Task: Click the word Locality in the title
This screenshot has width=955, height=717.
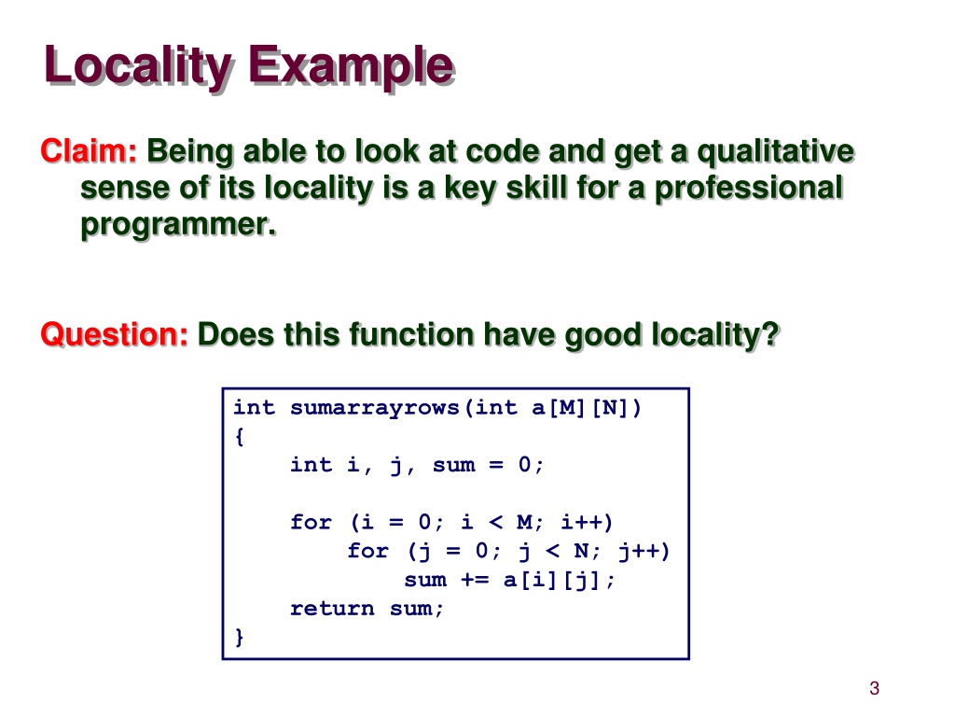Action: point(138,67)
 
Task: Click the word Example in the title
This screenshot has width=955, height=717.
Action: point(351,67)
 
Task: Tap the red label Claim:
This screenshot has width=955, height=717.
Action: point(89,150)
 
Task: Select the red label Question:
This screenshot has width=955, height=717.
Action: point(115,334)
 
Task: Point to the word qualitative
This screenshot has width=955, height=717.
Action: point(775,152)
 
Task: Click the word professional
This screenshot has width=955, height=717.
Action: point(749,189)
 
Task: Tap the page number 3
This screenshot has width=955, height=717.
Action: point(874,688)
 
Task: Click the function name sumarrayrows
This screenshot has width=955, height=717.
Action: point(375,408)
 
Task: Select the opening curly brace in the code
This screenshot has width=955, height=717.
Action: point(240,437)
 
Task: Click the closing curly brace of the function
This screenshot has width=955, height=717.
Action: point(240,637)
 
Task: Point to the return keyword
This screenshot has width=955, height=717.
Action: point(333,609)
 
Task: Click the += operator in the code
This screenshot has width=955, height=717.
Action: point(475,579)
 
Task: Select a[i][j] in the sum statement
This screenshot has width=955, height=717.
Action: point(553,580)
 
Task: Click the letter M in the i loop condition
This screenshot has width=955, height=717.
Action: point(524,523)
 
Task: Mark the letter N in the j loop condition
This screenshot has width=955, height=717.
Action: point(582,551)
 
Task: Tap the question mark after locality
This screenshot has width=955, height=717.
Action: point(771,334)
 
